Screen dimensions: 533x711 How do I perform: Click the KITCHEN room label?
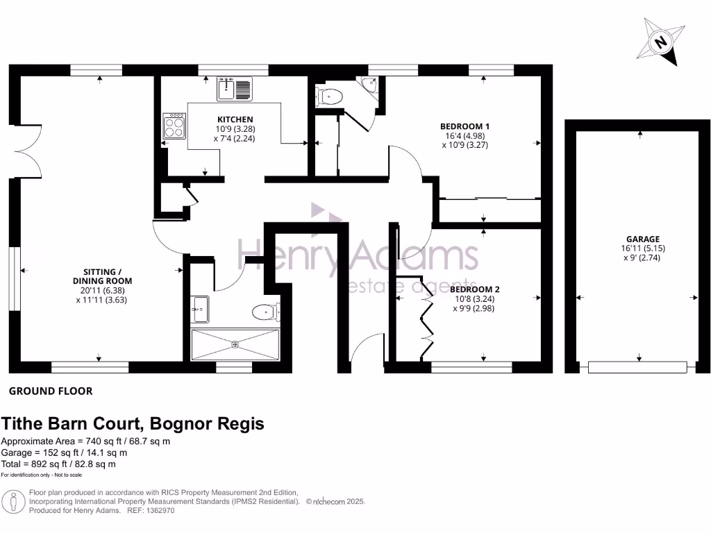pyautogui.click(x=234, y=119)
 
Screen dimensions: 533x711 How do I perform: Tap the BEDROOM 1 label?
pyautogui.click(x=465, y=126)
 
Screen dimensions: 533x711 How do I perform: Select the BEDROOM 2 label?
pyautogui.click(x=474, y=289)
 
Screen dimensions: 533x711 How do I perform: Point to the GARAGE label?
pyautogui.click(x=641, y=239)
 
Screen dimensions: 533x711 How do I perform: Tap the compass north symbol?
pyautogui.click(x=660, y=42)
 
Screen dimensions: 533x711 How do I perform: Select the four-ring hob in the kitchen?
pyautogui.click(x=174, y=126)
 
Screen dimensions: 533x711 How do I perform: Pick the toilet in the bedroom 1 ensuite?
pyautogui.click(x=328, y=96)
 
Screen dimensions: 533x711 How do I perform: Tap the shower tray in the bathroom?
pyautogui.click(x=235, y=344)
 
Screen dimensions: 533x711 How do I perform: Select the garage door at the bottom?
pyautogui.click(x=637, y=366)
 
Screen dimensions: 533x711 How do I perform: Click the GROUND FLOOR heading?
pyautogui.click(x=50, y=391)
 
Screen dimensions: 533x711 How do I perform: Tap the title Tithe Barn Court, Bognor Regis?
pyautogui.click(x=133, y=423)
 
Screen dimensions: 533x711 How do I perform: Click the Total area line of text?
pyautogui.click(x=58, y=464)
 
